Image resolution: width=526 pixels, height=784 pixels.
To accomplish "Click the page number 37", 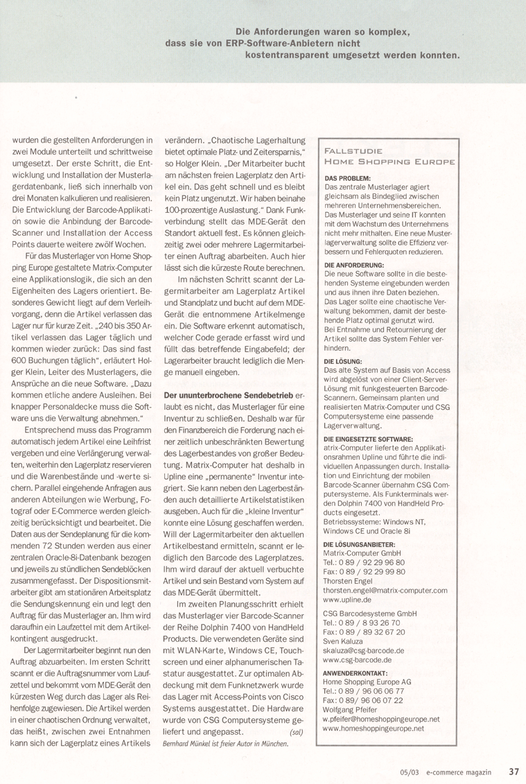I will point(514,770).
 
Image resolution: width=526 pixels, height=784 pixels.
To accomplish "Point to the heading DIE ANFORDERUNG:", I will point(354,265).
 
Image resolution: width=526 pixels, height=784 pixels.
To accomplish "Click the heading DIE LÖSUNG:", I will point(343,362).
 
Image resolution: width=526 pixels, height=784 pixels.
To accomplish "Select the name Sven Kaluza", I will point(347,641).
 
